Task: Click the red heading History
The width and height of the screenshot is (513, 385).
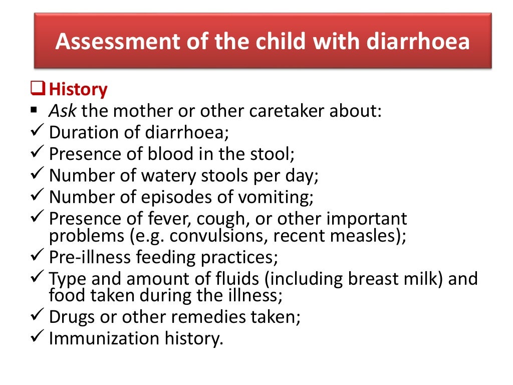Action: [78, 90]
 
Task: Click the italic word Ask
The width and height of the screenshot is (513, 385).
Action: [61, 111]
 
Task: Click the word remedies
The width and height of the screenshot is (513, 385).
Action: [207, 317]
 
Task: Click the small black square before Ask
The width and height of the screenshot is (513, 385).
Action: [34, 110]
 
